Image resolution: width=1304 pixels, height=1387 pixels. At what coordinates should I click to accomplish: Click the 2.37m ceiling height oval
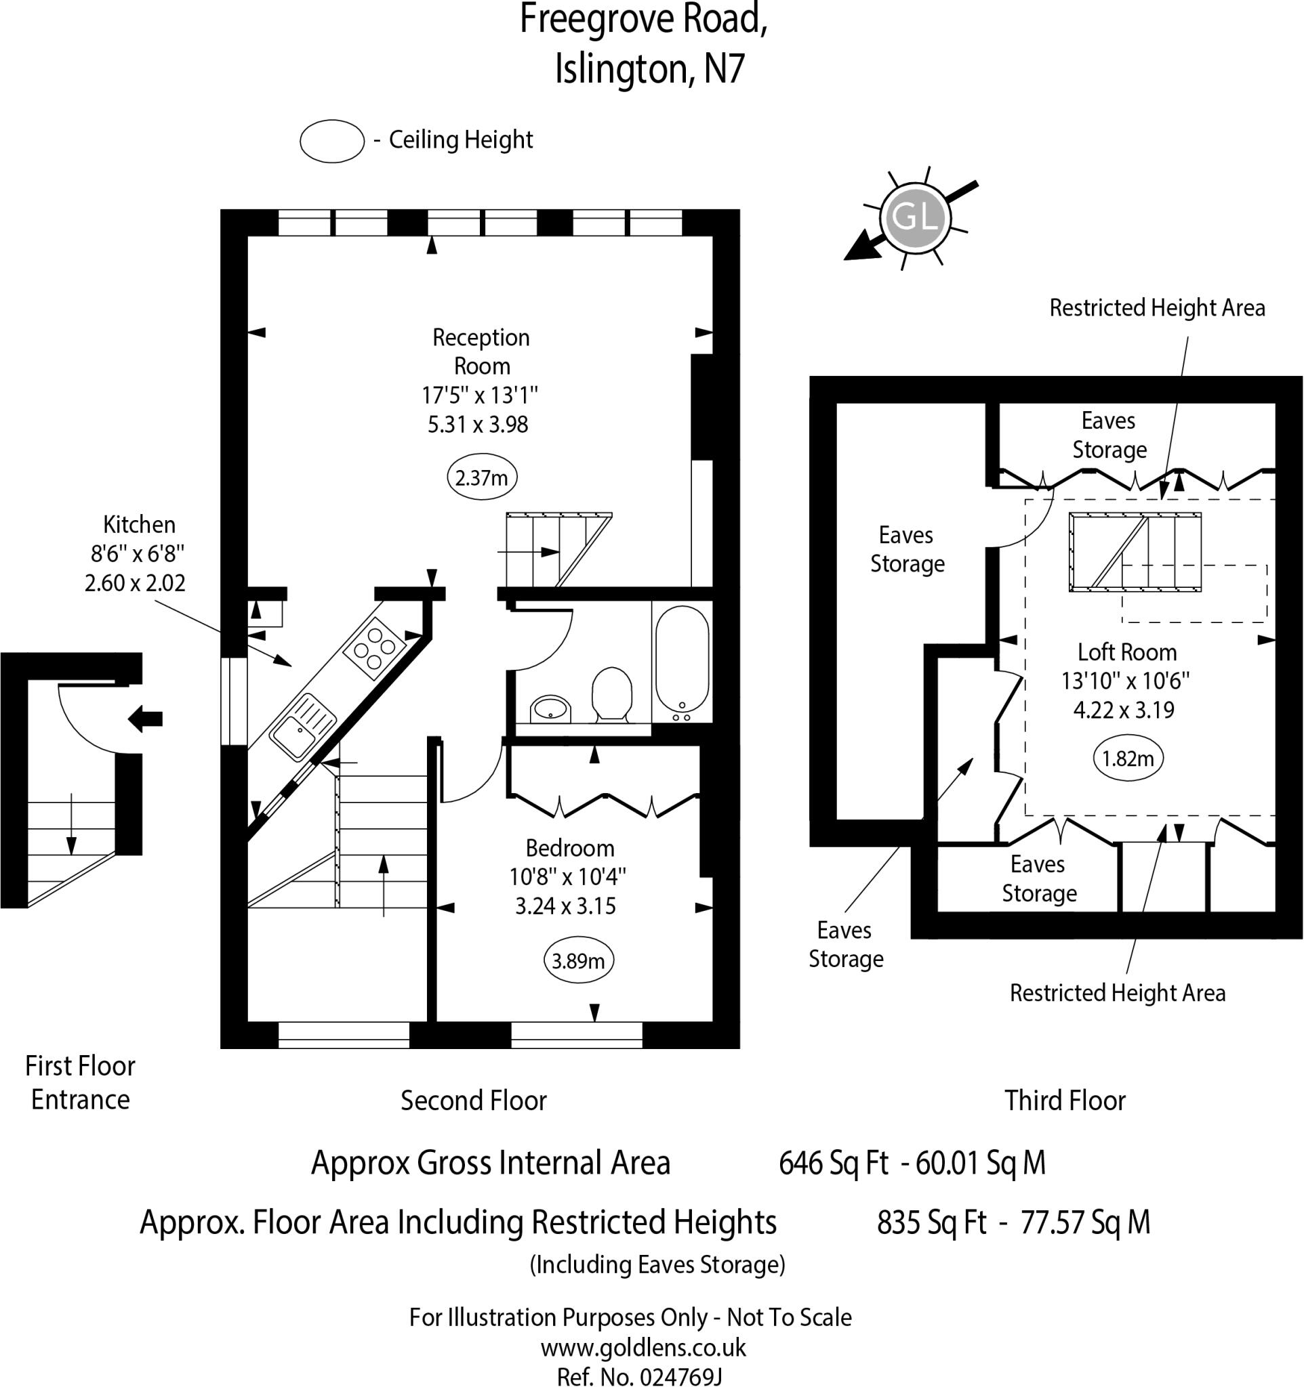[x=482, y=478]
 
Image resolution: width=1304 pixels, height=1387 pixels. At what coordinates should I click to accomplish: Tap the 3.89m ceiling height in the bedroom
[x=579, y=962]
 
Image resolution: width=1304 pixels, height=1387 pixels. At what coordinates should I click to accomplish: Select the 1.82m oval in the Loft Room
[x=1127, y=759]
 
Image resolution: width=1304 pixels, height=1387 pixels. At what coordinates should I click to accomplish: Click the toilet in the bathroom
[x=611, y=693]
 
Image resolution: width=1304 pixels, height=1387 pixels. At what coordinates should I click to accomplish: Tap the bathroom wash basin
[x=551, y=709]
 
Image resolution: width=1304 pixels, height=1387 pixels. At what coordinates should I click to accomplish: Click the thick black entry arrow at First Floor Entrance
[x=145, y=719]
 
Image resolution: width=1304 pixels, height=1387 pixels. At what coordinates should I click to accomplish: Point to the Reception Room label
[x=482, y=351]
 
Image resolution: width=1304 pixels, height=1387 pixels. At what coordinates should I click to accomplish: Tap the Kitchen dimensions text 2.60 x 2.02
[x=136, y=582]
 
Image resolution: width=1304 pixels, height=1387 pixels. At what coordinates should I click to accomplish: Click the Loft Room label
[x=1126, y=652]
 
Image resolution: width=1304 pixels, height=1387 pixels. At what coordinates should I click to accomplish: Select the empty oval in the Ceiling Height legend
[x=332, y=142]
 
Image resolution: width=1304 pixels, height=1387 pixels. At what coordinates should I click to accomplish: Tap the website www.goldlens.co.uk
[x=643, y=1347]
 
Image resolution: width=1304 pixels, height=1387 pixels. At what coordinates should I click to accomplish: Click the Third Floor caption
[x=1065, y=1101]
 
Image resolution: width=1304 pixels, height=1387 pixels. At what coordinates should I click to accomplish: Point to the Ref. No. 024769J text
[x=638, y=1377]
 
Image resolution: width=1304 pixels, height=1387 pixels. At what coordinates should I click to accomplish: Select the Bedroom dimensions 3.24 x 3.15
[x=565, y=905]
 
